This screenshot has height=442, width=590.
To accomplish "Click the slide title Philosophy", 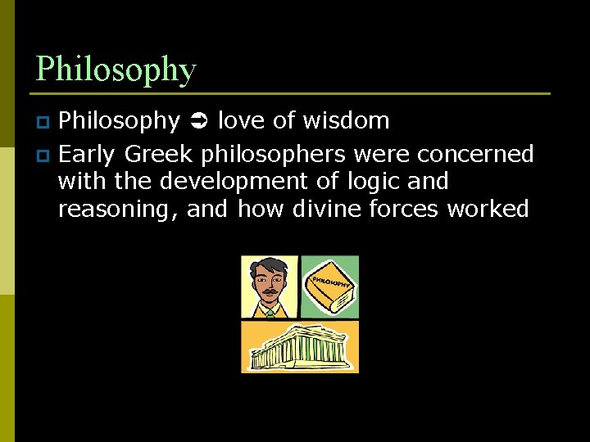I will pos(116,70).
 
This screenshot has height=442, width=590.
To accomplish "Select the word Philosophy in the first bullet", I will pos(119,121).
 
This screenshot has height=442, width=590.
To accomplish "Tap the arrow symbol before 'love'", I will pos(198,122).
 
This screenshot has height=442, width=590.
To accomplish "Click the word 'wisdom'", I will pos(345,121).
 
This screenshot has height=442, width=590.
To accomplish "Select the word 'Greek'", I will pos(157,154).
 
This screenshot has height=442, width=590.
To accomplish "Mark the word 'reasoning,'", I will pos(119,210).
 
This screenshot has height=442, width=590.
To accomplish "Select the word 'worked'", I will pos(488,210).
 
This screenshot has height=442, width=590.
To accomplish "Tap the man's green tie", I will pos(270,313).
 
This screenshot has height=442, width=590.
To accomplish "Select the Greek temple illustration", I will pos(299,347).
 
